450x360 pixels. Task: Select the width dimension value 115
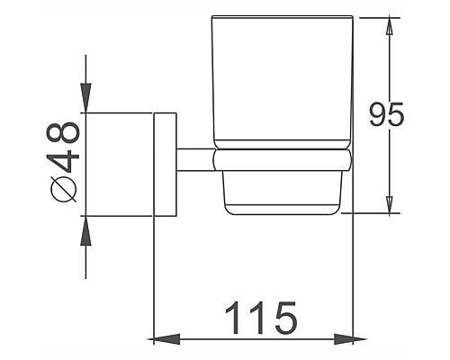[260, 317]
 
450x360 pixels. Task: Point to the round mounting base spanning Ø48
[121, 165]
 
